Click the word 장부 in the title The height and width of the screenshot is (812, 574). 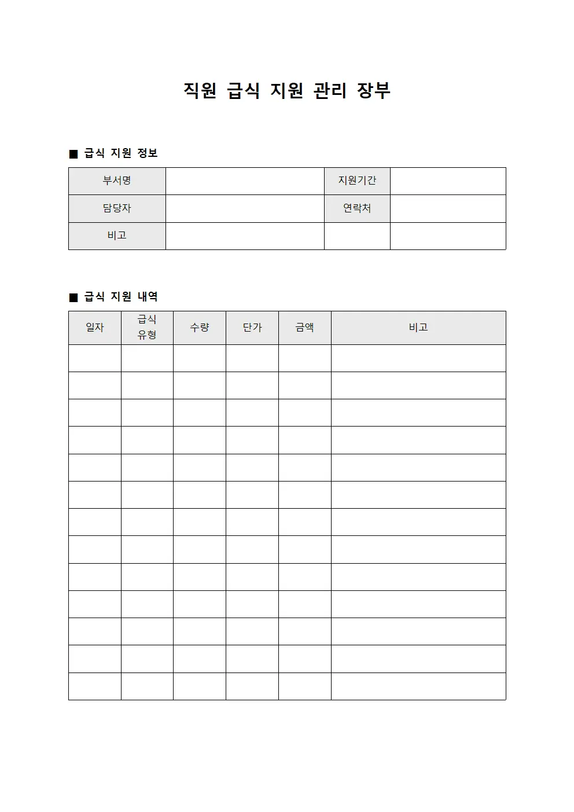[374, 90]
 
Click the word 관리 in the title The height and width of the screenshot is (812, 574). [330, 90]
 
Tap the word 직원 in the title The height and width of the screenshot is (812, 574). [200, 90]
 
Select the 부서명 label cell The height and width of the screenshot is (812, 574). [117, 181]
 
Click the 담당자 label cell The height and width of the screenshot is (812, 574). [117, 208]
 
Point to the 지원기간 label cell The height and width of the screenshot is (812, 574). [357, 181]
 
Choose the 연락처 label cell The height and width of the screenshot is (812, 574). [357, 208]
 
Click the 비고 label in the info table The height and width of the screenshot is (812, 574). [117, 236]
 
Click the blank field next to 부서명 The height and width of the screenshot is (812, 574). [245, 181]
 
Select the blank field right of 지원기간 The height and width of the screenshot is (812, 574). [448, 181]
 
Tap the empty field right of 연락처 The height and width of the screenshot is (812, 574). [448, 208]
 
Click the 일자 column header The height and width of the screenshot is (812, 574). [95, 328]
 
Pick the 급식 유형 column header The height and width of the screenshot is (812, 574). [147, 327]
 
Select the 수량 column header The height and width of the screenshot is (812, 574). [200, 328]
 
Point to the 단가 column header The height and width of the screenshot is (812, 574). [252, 328]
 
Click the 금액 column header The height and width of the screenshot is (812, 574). [304, 328]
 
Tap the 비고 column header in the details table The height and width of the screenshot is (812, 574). [418, 328]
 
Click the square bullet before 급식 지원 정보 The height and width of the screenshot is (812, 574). [73, 154]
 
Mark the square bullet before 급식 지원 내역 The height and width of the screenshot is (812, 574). [73, 297]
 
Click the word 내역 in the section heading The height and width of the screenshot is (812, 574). [148, 297]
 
